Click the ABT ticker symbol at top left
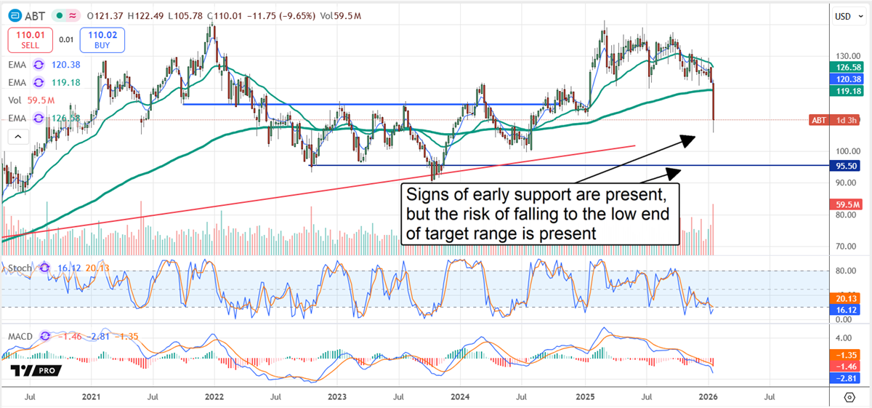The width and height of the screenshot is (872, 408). pos(33,15)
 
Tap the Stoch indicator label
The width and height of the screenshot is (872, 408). pos(20,268)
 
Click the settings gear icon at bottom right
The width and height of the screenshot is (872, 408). pos(849,397)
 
